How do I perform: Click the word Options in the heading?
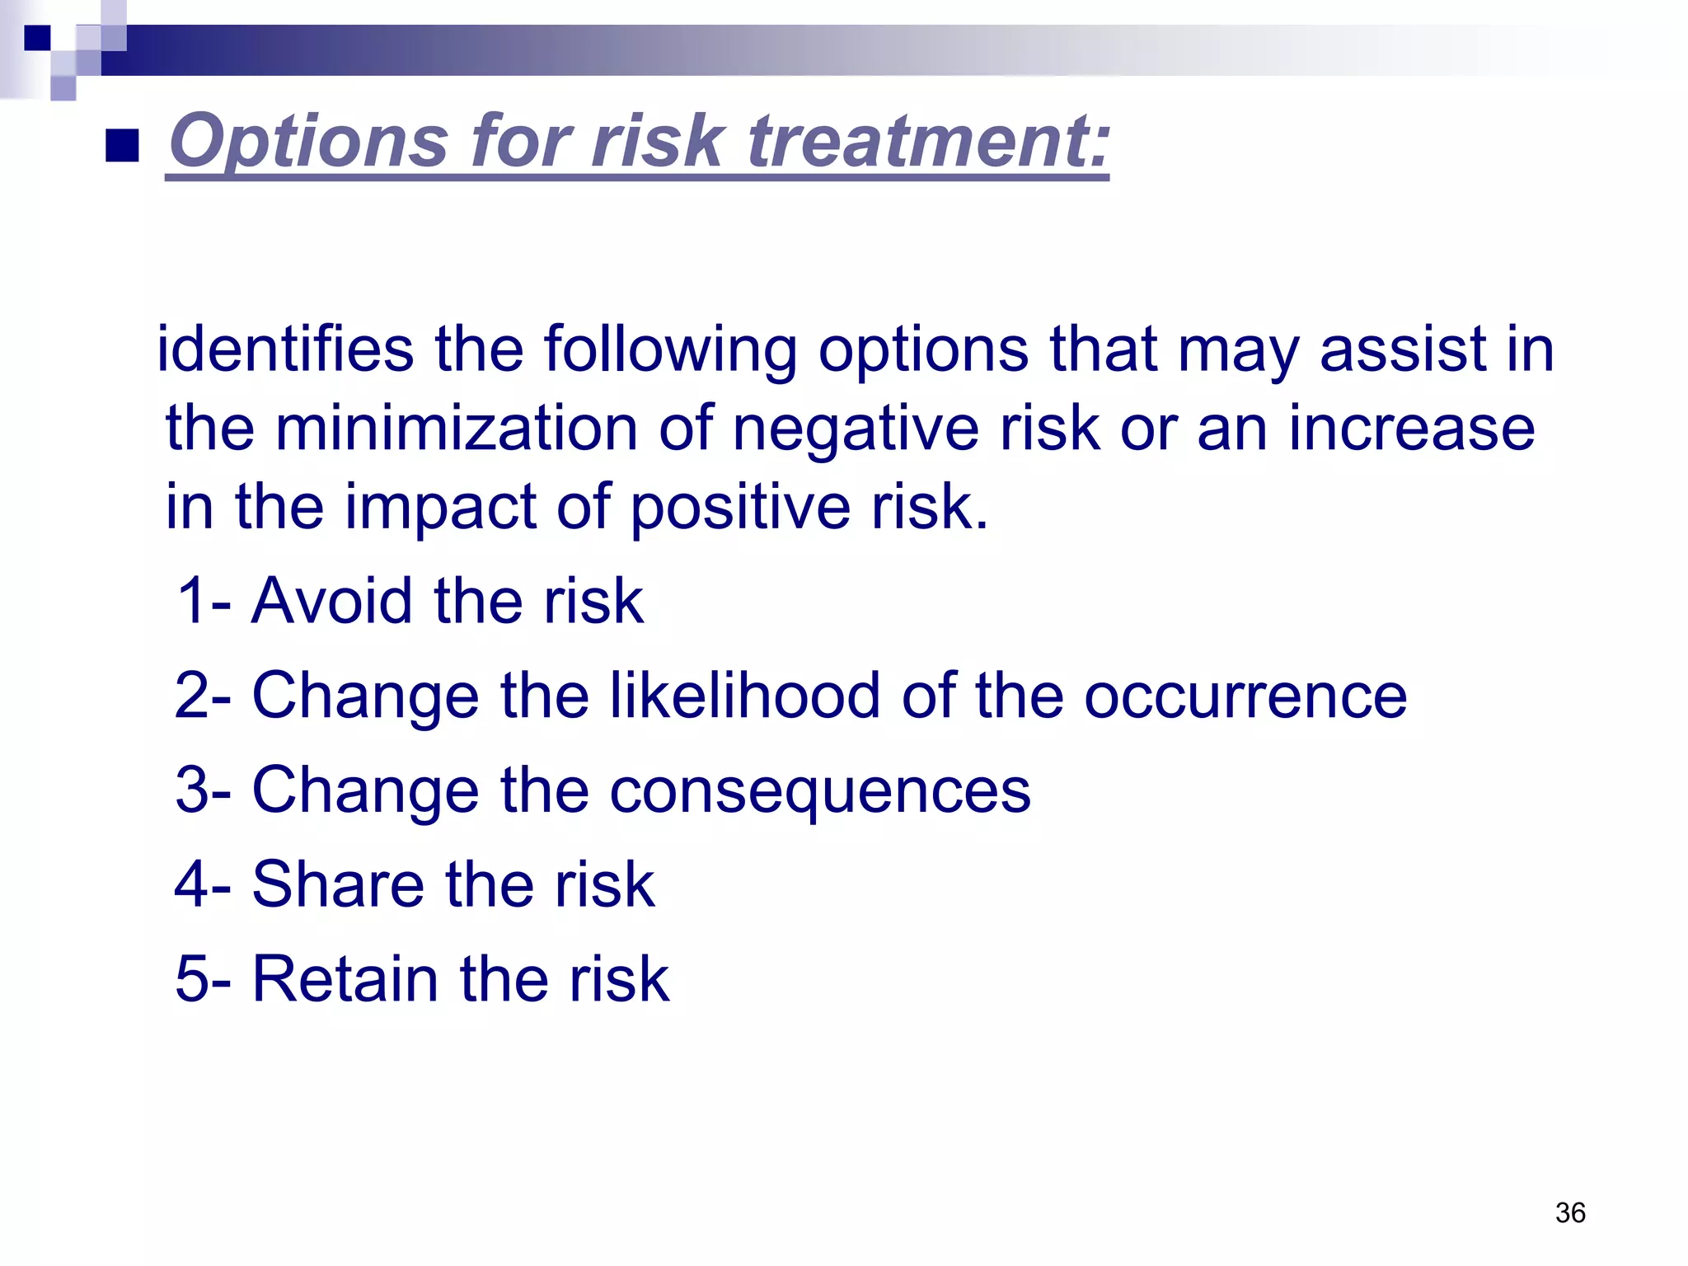click(x=308, y=142)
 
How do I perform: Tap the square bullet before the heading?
click(x=122, y=146)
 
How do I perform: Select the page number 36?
click(x=1570, y=1212)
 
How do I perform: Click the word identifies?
click(x=285, y=349)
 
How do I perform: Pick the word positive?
click(x=740, y=508)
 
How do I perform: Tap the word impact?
click(x=440, y=508)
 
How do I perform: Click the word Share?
click(x=338, y=884)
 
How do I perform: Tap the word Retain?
click(x=345, y=979)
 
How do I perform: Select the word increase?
click(x=1411, y=429)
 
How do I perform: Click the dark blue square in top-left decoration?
click(x=37, y=38)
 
